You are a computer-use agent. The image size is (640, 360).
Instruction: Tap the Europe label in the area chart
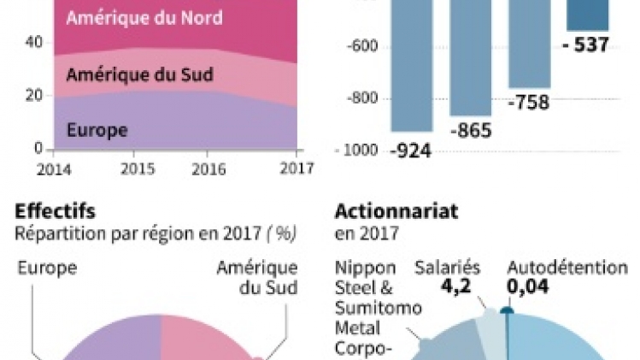click(x=97, y=130)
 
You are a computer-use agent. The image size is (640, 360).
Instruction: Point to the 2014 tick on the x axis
click(x=52, y=168)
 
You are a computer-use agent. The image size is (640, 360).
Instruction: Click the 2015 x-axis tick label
click(x=137, y=168)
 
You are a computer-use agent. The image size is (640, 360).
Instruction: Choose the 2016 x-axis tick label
click(x=208, y=168)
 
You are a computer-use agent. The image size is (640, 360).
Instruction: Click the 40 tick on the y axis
click(x=33, y=41)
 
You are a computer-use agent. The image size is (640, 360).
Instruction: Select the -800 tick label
click(x=361, y=98)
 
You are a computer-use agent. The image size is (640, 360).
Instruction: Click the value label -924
click(x=411, y=151)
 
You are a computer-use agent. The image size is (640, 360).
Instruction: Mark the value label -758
click(x=529, y=103)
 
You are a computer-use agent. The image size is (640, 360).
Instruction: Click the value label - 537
click(x=586, y=44)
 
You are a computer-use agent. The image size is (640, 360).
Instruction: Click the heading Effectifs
click(x=56, y=211)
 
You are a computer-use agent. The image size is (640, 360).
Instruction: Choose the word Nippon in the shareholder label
click(x=365, y=269)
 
